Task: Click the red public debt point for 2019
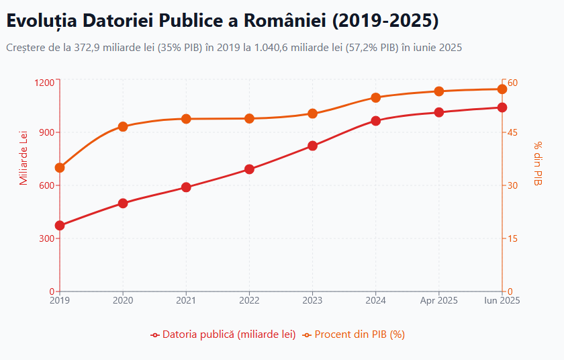pyautogui.click(x=60, y=226)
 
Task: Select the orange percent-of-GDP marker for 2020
pyautogui.click(x=123, y=126)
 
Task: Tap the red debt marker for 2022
pyautogui.click(x=249, y=169)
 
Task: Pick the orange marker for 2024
pyautogui.click(x=376, y=97)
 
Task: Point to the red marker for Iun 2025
pyautogui.click(x=502, y=107)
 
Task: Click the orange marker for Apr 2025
pyautogui.click(x=439, y=91)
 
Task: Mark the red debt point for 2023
pyautogui.click(x=313, y=146)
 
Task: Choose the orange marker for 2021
pyautogui.click(x=186, y=119)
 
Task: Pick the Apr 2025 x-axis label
pyautogui.click(x=439, y=300)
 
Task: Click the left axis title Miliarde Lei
pyautogui.click(x=24, y=159)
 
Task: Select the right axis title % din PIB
pyautogui.click(x=538, y=164)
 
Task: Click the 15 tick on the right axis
pyautogui.click(x=512, y=238)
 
